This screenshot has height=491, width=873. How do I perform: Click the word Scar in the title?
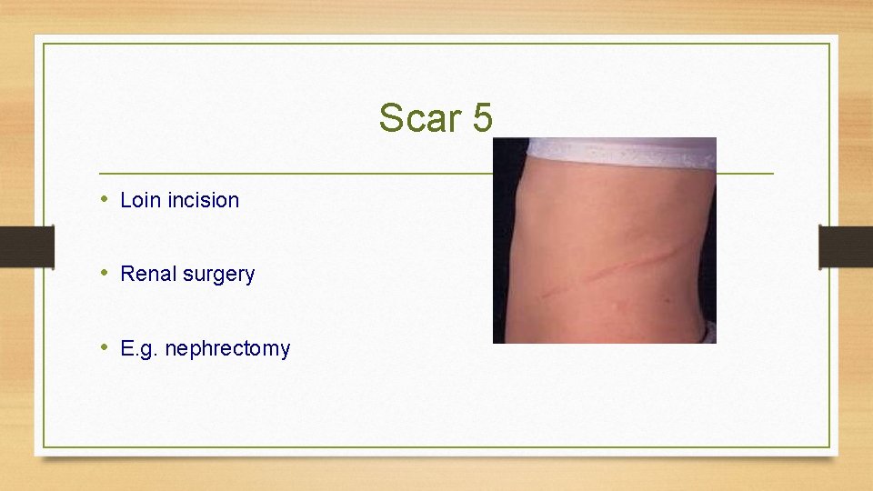point(419,118)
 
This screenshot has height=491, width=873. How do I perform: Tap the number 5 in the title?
point(482,118)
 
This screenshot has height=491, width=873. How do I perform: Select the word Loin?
point(139,200)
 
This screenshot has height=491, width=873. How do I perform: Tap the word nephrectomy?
point(227,349)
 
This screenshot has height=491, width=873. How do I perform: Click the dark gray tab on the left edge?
point(26,246)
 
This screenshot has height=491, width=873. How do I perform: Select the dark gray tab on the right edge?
point(845,246)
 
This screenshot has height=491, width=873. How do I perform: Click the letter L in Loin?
point(125,200)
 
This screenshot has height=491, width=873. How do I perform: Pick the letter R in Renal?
point(126,274)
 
